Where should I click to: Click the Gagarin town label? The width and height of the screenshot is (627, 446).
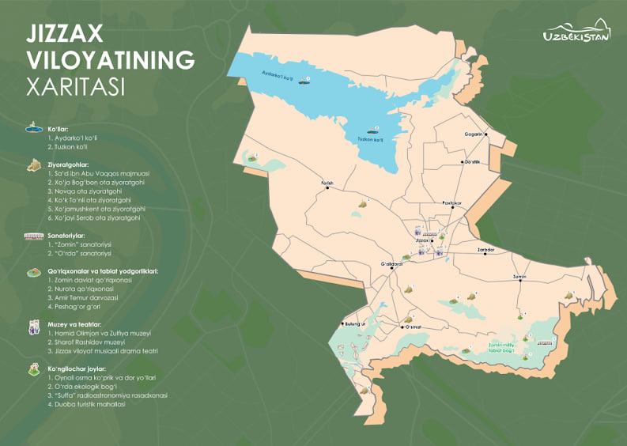(x=474, y=134)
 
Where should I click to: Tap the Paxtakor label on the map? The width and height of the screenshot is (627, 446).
(x=452, y=202)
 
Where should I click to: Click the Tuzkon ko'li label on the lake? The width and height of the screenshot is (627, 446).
(x=371, y=140)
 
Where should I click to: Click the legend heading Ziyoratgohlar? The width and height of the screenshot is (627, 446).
(x=70, y=164)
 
